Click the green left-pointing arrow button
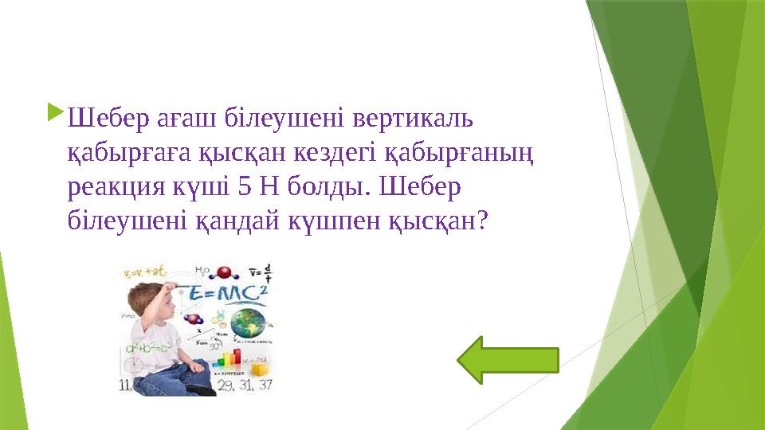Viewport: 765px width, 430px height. tap(508, 360)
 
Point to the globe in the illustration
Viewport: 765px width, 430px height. tap(249, 326)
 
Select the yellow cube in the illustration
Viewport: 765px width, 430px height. tap(260, 369)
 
